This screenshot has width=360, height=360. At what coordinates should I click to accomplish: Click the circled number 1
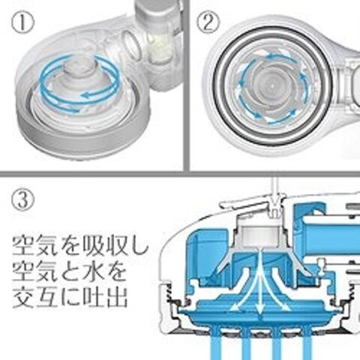tap(22, 22)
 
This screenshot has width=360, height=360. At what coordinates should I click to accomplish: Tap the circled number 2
tap(208, 22)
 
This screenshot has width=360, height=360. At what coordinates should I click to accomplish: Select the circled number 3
tap(22, 199)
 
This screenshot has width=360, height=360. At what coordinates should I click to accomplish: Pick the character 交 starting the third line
tap(23, 298)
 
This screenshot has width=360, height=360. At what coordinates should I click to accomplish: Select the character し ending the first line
tap(138, 246)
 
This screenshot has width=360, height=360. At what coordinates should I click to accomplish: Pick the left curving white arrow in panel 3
tap(239, 290)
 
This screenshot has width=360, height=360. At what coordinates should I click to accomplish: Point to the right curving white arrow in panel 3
tap(282, 290)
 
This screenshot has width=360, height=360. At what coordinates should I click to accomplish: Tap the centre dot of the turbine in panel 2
tap(272, 85)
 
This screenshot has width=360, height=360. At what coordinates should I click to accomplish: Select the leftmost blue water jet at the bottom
tap(215, 343)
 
